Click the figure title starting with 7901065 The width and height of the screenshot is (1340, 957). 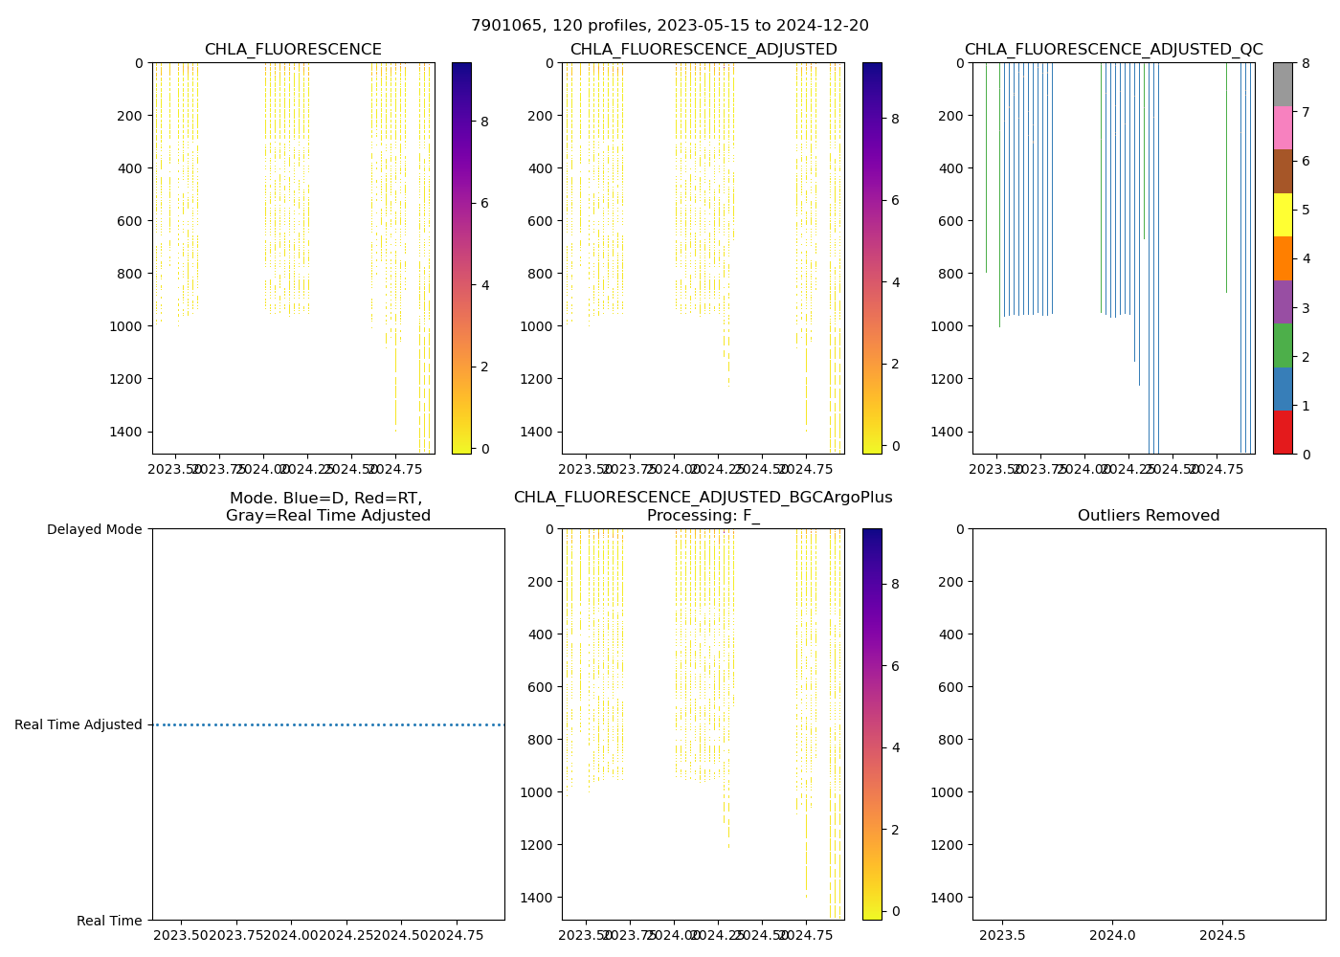[670, 26]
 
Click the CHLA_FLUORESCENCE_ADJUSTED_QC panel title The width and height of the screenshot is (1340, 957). [1113, 50]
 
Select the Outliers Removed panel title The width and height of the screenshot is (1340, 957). [1149, 516]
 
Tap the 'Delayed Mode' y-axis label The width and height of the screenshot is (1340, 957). [94, 529]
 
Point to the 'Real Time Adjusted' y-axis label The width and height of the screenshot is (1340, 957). [78, 724]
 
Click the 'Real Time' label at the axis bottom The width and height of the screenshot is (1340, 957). [109, 921]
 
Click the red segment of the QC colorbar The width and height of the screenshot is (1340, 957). [1283, 433]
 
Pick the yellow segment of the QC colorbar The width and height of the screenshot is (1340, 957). [1283, 214]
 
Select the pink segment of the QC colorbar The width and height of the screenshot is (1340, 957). [1283, 127]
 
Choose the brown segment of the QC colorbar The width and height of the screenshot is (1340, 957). [1283, 171]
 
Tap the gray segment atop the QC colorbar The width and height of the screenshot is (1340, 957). [1283, 84]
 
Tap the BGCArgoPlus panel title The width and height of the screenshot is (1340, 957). [703, 506]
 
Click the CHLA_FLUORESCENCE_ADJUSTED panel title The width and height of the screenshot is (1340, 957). [703, 50]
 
